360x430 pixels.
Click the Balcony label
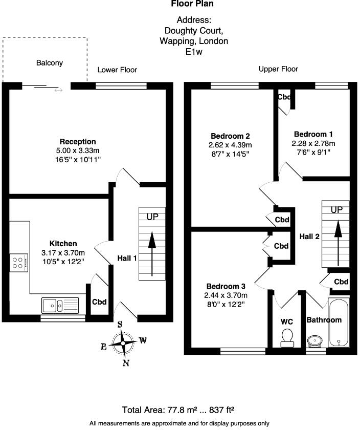(50, 63)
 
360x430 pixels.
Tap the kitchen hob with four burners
(19, 263)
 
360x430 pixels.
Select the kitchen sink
(60, 305)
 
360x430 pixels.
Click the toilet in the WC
(287, 338)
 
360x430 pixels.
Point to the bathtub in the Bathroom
(339, 322)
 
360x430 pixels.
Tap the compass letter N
(126, 363)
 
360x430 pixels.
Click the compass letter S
(120, 325)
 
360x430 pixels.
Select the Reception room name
(78, 141)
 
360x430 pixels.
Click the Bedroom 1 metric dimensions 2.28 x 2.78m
(313, 143)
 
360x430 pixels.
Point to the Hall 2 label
(309, 236)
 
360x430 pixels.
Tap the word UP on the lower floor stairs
(152, 217)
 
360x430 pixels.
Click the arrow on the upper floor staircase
(338, 243)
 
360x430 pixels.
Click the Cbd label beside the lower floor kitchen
(99, 302)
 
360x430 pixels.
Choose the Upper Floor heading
(278, 69)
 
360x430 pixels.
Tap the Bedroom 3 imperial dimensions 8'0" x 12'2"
(224, 304)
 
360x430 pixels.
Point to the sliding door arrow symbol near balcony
(58, 90)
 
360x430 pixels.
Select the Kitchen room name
(63, 244)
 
